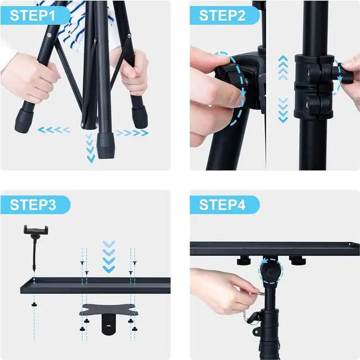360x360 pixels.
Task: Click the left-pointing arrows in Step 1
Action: point(54,130)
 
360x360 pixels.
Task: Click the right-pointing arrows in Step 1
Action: point(133,133)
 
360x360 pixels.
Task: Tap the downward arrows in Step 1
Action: point(91,150)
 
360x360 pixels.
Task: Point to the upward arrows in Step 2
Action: point(283,69)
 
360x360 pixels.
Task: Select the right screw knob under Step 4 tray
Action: point(296,260)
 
